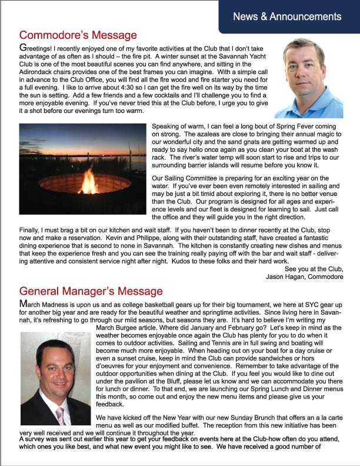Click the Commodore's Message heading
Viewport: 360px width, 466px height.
[78, 36]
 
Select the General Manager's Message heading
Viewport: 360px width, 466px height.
[91, 290]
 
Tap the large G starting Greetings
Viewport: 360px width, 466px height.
[23, 46]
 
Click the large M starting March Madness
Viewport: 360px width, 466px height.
[24, 302]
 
